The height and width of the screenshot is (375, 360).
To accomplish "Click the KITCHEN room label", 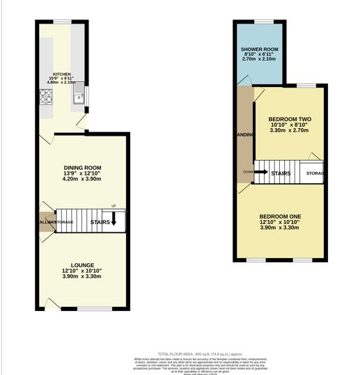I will pyautogui.click(x=62, y=74).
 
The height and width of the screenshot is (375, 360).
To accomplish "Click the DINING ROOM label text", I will pyautogui.click(x=83, y=168).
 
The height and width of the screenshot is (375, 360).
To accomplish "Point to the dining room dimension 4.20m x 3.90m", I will pyautogui.click(x=83, y=179).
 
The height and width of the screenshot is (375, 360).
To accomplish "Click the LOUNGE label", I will pyautogui.click(x=82, y=264).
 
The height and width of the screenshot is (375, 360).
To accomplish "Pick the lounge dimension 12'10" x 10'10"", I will pyautogui.click(x=82, y=271).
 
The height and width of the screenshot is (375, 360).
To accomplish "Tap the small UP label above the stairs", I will pyautogui.click(x=114, y=205).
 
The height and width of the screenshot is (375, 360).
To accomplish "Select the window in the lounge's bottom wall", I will pyautogui.click(x=89, y=308).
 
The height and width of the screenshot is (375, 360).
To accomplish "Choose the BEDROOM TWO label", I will pyautogui.click(x=290, y=119).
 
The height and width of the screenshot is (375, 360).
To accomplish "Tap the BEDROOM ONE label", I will pyautogui.click(x=279, y=216).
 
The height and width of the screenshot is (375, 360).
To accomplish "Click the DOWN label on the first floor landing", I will pyautogui.click(x=248, y=172).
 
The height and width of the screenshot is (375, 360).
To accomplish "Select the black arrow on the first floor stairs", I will pyautogui.click(x=261, y=172).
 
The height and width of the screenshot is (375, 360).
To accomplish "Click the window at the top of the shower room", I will pyautogui.click(x=263, y=22).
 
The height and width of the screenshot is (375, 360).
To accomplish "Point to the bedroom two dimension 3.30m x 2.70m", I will pyautogui.click(x=290, y=131).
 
